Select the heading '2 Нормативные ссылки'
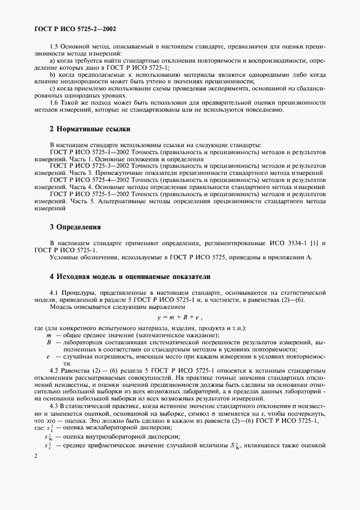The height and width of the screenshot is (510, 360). tap(90, 129)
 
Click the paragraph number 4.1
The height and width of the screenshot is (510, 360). tap(53, 293)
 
